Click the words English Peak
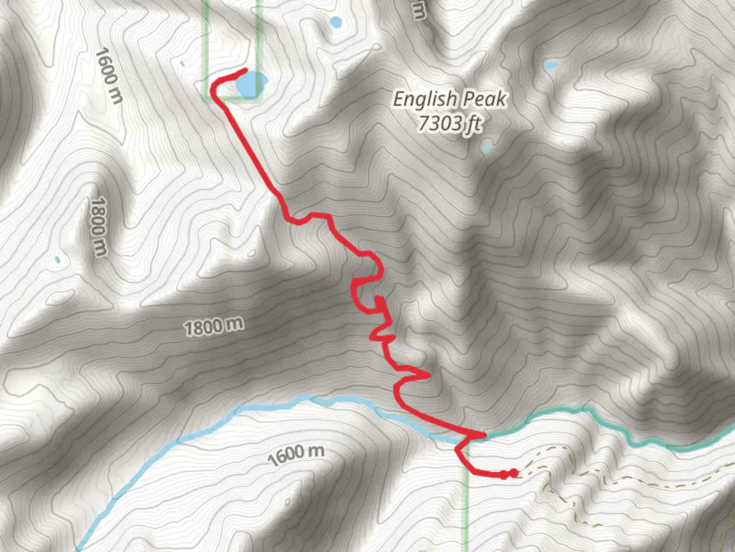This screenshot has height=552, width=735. (450, 99)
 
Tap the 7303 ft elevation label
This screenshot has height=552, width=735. (450, 123)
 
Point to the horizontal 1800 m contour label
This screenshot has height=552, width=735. (214, 326)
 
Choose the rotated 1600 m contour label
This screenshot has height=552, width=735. (109, 76)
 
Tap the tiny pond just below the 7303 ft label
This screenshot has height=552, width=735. (486, 149)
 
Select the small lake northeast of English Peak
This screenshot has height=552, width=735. (551, 65)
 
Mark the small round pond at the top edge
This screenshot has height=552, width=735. (335, 22)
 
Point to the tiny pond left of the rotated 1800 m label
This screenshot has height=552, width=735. (57, 260)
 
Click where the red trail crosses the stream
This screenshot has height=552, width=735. (477, 435)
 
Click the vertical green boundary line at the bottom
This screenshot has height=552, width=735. (466, 511)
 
